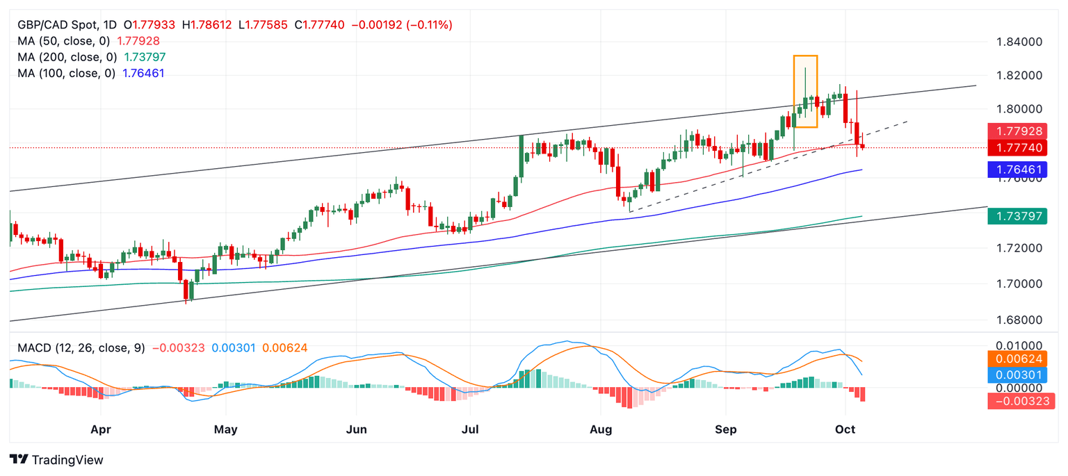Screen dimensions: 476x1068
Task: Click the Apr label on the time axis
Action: [x=102, y=429]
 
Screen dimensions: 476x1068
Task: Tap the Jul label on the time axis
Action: [x=470, y=429]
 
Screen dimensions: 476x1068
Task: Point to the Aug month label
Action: [x=601, y=429]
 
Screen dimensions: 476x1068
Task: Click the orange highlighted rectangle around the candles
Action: [x=805, y=91]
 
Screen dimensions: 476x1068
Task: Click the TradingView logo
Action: [x=56, y=460]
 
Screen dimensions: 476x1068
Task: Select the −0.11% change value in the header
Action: [x=427, y=25]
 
